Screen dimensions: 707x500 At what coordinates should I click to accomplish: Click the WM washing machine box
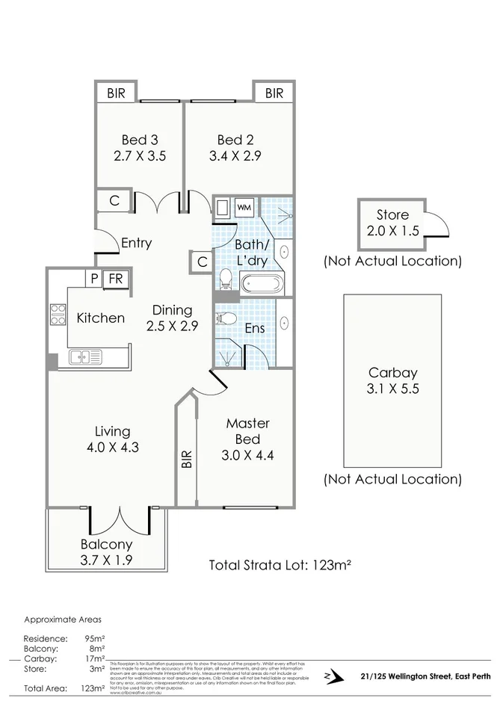pyautogui.click(x=244, y=206)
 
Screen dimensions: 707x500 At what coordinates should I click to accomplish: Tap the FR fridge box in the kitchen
pyautogui.click(x=115, y=278)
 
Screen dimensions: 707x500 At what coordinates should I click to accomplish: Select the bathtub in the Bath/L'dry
pyautogui.click(x=262, y=283)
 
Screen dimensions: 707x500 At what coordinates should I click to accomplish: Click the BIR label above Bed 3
pyautogui.click(x=116, y=93)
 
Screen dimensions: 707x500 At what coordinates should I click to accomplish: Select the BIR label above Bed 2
pyautogui.click(x=274, y=93)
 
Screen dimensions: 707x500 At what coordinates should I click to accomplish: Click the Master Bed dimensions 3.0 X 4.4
pyautogui.click(x=248, y=455)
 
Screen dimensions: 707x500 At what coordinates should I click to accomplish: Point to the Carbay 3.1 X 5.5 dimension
pyautogui.click(x=392, y=389)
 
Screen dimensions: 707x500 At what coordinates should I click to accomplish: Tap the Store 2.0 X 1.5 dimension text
pyautogui.click(x=392, y=230)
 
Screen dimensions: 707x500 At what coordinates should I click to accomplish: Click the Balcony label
pyautogui.click(x=106, y=545)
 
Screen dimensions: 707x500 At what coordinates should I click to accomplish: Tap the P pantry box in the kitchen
pyautogui.click(x=95, y=278)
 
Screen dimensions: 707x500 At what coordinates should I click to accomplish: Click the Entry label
pyautogui.click(x=136, y=243)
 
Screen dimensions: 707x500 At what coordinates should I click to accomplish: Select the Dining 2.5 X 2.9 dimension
pyautogui.click(x=172, y=326)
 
